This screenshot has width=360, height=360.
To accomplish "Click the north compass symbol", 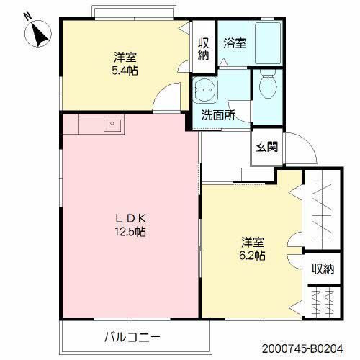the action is click(38, 34).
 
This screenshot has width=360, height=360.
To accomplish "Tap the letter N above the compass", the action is click(28, 16).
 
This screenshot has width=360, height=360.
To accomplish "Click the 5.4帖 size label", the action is click(125, 71).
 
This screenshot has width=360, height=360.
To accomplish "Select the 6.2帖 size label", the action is click(252, 256).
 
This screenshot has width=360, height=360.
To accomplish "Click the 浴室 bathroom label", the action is click(235, 43).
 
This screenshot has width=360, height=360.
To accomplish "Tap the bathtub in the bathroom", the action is click(268, 43).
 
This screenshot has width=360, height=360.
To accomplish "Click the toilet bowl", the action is click(268, 86).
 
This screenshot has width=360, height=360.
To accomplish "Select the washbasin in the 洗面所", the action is click(205, 90).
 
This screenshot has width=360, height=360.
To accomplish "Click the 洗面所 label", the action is click(218, 115).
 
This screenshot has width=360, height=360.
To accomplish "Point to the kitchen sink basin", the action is click(112, 125).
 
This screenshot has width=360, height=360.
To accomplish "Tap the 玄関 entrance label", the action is click(266, 147).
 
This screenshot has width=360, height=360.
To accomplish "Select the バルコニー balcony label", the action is click(132, 337).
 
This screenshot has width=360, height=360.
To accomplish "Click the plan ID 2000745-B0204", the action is click(302, 348).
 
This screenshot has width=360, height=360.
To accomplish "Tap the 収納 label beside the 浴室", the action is click(204, 49).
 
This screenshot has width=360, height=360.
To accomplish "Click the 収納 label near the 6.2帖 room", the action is click(323, 269).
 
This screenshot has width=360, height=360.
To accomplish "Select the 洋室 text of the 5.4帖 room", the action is click(125, 57).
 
